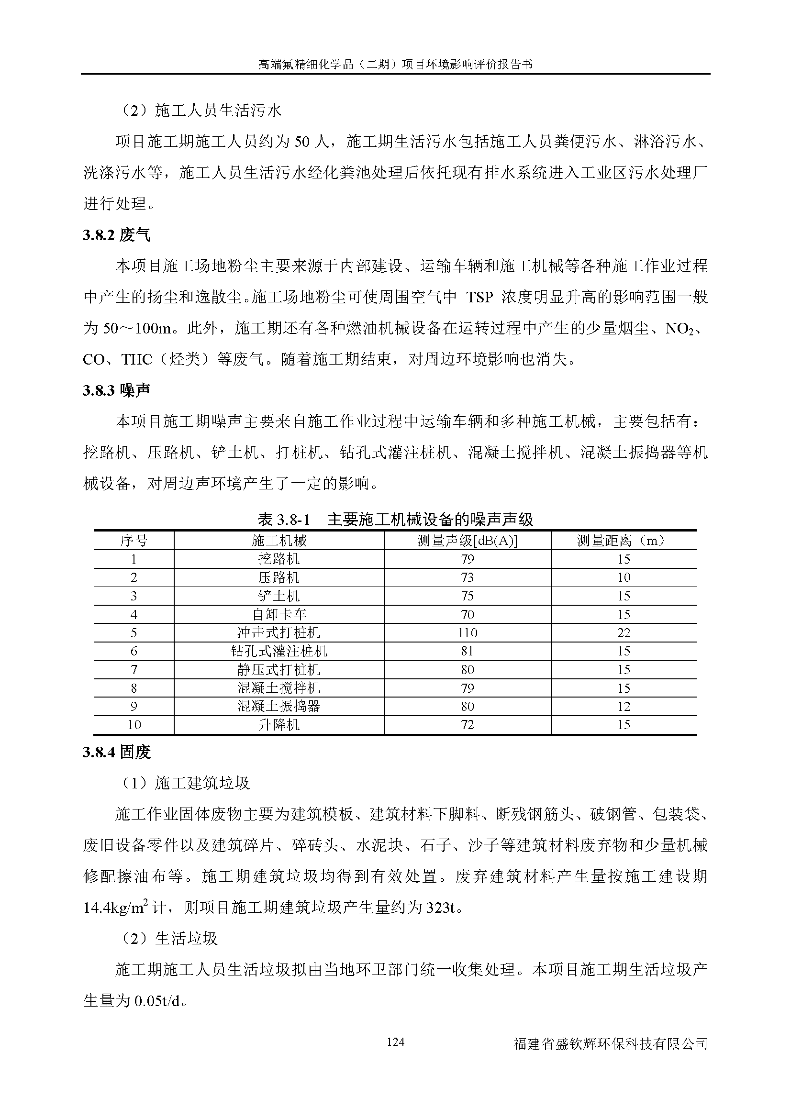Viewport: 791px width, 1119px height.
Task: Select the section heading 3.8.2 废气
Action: (116, 235)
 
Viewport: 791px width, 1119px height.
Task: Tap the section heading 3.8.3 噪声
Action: (116, 390)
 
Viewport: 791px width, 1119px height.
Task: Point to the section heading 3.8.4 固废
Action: (117, 752)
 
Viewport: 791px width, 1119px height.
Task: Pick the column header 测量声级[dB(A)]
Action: (467, 541)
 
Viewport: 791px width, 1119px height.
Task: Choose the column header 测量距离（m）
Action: (624, 541)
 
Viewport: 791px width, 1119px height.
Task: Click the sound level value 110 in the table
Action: (467, 632)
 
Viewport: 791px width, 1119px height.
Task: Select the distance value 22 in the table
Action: (624, 632)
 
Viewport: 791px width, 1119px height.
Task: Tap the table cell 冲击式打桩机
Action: (279, 632)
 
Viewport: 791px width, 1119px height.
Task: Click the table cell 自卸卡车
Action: (279, 615)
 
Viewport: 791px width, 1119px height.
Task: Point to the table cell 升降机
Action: (279, 725)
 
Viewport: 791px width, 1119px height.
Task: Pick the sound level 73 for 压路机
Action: (467, 577)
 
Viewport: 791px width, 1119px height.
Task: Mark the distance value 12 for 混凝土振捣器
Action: (624, 706)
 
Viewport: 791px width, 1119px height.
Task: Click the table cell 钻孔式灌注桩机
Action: (279, 651)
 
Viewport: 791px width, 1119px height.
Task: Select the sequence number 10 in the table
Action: (134, 725)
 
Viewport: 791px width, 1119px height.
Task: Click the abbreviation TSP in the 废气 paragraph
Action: (479, 297)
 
